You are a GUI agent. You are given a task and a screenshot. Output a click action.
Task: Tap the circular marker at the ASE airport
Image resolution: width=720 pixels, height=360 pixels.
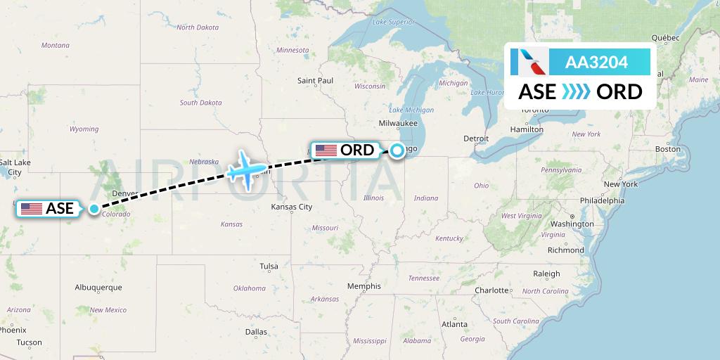pos(94,209)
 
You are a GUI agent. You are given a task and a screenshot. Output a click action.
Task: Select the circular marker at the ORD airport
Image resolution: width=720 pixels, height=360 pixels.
pos(397,150)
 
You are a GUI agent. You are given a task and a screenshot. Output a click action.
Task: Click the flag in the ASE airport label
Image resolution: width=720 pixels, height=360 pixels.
pos(32,209)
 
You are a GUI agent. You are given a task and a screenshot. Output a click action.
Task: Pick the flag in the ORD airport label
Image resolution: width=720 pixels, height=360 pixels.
pos(326,150)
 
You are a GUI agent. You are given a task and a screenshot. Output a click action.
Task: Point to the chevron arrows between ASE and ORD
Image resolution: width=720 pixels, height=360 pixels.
pos(576,92)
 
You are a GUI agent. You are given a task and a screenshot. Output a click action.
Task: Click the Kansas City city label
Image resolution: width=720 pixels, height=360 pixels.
pos(292,207)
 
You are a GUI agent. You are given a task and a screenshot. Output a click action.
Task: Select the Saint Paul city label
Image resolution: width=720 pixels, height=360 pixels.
pos(315,81)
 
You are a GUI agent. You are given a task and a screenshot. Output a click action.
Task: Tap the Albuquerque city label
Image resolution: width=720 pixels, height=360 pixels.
pos(98,287)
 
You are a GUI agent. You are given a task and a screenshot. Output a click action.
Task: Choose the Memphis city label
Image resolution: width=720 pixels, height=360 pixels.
pos(364,286)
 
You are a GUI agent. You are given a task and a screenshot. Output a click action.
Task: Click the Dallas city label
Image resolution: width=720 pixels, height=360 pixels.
pos(257,331)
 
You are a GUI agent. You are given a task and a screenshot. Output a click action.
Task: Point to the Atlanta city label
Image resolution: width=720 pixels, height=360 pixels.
pos(455,324)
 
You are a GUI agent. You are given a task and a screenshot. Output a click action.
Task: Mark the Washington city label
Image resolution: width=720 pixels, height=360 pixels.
pos(573,224)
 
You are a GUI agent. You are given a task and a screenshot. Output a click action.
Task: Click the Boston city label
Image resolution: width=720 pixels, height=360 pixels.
pos(668,149)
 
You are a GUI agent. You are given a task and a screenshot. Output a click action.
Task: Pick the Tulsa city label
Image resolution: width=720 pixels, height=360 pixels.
pos(269,266)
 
